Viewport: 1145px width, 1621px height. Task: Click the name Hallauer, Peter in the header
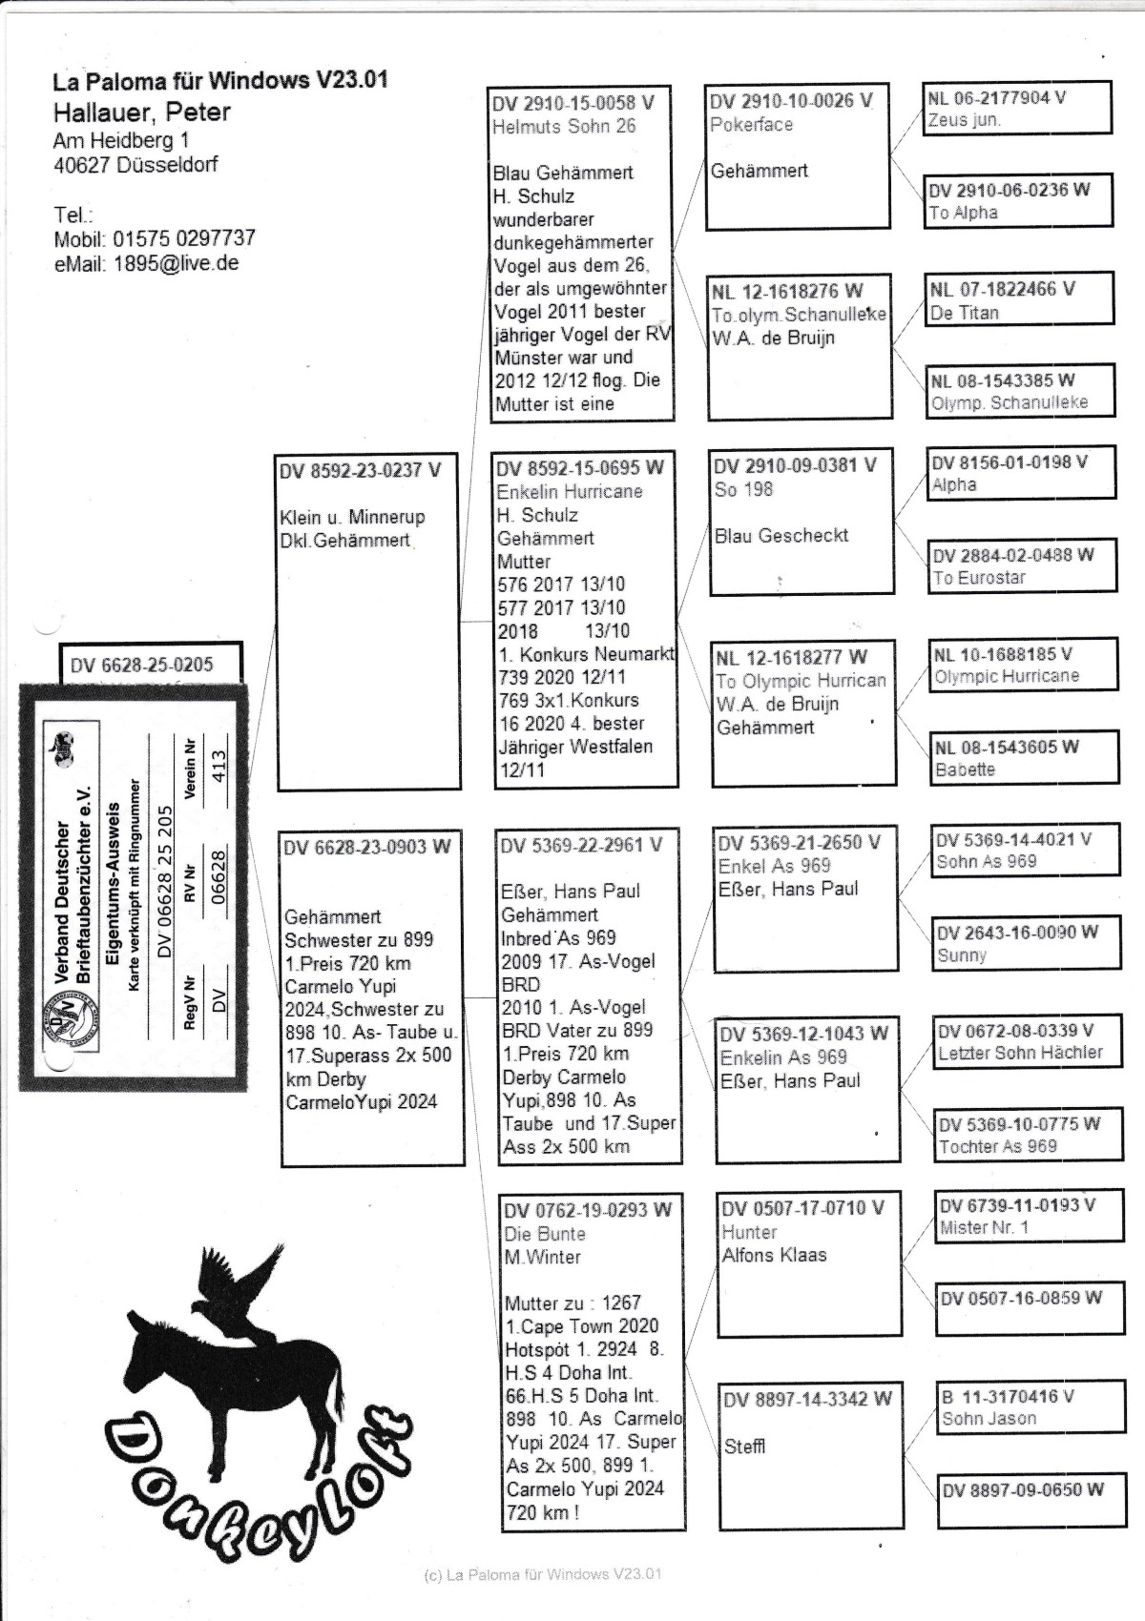[x=141, y=113]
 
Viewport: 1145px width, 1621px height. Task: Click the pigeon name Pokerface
[x=751, y=125]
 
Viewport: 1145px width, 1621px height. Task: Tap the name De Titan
[x=965, y=313]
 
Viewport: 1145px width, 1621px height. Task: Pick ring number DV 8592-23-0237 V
[x=360, y=470]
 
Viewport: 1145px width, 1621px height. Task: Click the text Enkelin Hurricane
[x=570, y=492]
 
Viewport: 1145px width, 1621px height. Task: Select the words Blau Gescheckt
[x=781, y=536]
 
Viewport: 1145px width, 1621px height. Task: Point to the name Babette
[x=965, y=769]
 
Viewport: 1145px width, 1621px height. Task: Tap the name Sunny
[x=962, y=955]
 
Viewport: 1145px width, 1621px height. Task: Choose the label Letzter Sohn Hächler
[x=1020, y=1054]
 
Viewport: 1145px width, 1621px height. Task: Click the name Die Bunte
[x=545, y=1234]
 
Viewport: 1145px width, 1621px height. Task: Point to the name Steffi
[x=744, y=1447]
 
